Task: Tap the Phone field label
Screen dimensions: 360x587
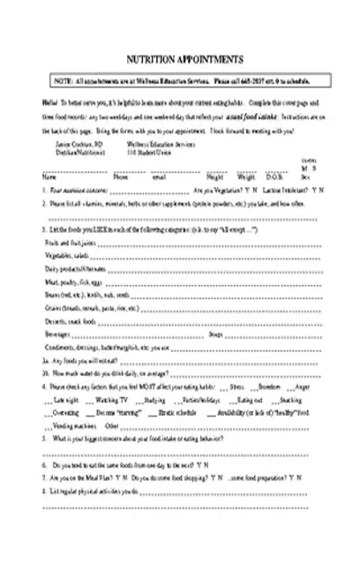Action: point(121,177)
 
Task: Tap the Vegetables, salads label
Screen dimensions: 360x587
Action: point(62,254)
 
